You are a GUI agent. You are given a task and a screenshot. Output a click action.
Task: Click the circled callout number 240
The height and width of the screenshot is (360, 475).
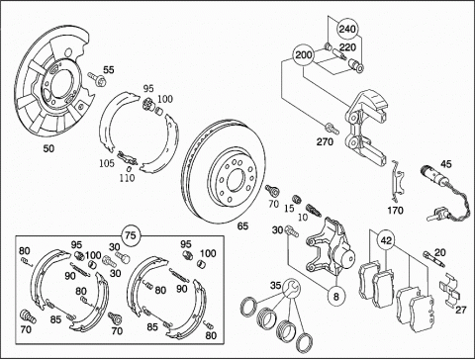click(x=347, y=30)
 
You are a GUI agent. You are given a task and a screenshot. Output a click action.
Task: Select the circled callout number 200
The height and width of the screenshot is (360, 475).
click(x=304, y=54)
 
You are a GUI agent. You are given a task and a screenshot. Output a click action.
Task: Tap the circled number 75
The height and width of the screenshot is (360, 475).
click(x=131, y=235)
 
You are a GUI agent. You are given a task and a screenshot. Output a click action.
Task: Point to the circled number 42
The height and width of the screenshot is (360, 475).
click(x=387, y=240)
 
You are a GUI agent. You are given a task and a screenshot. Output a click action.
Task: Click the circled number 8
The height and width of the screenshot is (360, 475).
click(x=336, y=297)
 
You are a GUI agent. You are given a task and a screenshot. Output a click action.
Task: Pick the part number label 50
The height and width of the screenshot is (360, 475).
click(x=48, y=148)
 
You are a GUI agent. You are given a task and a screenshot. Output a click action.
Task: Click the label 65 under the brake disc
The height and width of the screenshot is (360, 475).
click(x=242, y=226)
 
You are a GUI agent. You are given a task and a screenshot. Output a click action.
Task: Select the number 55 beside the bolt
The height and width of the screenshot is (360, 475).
click(x=109, y=70)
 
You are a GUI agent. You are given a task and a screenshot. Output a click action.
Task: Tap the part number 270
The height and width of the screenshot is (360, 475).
click(x=325, y=142)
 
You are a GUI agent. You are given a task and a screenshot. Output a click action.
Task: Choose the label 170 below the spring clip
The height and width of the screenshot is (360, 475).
click(x=395, y=211)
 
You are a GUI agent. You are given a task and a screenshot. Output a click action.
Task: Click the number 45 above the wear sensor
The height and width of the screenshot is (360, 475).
click(x=446, y=164)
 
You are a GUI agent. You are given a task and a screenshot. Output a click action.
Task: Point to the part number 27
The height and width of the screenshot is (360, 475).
click(x=461, y=310)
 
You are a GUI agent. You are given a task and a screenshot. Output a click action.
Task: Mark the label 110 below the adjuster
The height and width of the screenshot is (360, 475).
click(x=127, y=178)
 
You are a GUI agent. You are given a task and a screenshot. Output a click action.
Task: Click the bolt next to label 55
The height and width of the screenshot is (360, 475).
click(x=96, y=79)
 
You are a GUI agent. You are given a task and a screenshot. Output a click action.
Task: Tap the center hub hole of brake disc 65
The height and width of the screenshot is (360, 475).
click(x=237, y=180)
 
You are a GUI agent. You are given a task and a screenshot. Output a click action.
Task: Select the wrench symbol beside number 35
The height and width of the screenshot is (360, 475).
click(x=292, y=288)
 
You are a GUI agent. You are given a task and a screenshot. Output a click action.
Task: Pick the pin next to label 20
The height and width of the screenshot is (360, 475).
click(x=435, y=259)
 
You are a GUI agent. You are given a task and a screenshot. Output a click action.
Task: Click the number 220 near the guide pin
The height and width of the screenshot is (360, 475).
click(x=347, y=47)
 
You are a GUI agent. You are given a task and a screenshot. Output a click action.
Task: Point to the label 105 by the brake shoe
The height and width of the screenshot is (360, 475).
click(x=107, y=163)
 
